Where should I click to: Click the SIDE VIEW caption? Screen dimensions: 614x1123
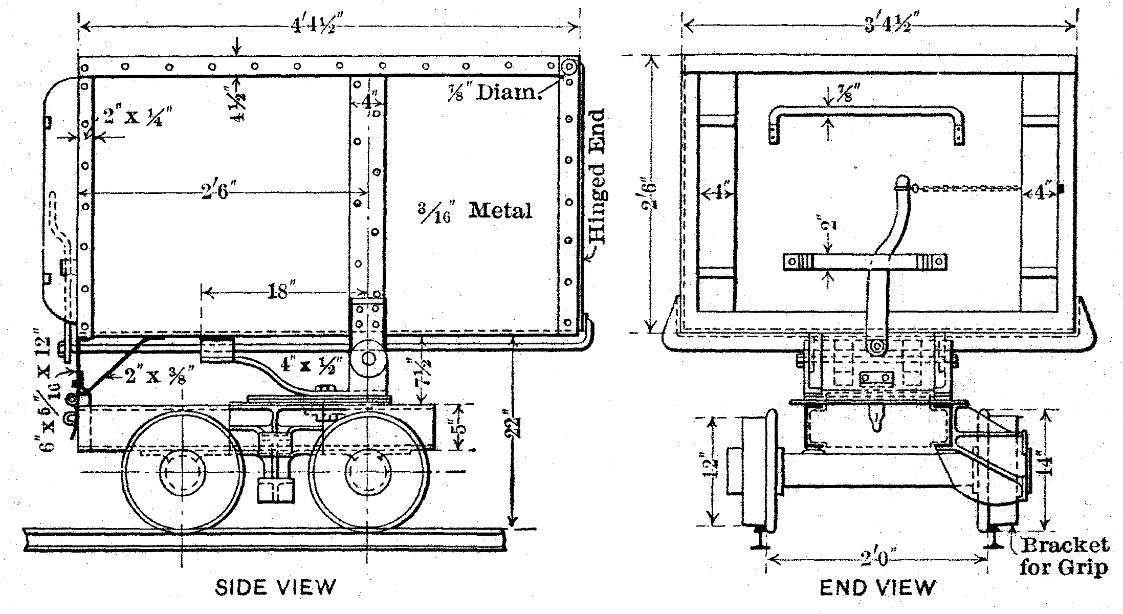tap(276, 587)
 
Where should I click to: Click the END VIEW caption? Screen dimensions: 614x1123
tap(877, 587)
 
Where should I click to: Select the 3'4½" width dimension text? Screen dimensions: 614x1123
tap(889, 26)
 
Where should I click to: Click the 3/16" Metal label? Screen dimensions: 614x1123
tap(474, 211)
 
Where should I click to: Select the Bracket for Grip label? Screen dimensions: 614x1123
tap(1064, 556)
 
